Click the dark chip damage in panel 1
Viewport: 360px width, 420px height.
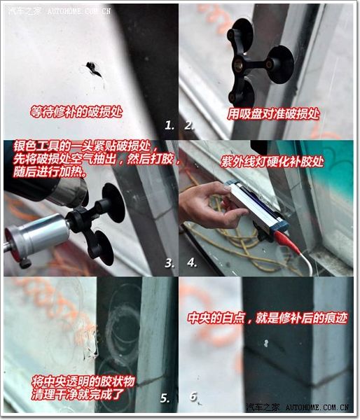[93, 69]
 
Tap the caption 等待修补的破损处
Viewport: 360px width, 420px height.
[76, 111]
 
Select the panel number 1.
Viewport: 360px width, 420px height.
[169, 125]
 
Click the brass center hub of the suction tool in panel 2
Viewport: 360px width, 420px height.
[238, 64]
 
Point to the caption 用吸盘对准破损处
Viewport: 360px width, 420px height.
[273, 114]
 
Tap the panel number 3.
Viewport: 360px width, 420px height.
[169, 263]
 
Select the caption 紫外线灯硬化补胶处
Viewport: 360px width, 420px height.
[272, 162]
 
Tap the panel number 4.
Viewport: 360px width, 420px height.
[192, 262]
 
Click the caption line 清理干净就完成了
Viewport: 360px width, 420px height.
[78, 394]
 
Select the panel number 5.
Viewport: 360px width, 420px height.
[165, 398]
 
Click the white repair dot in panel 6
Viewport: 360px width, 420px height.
[266, 343]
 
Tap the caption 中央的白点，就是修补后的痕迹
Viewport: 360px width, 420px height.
[268, 318]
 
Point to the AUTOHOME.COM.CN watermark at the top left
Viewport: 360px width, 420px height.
[79, 11]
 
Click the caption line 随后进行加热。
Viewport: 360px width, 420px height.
[50, 172]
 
